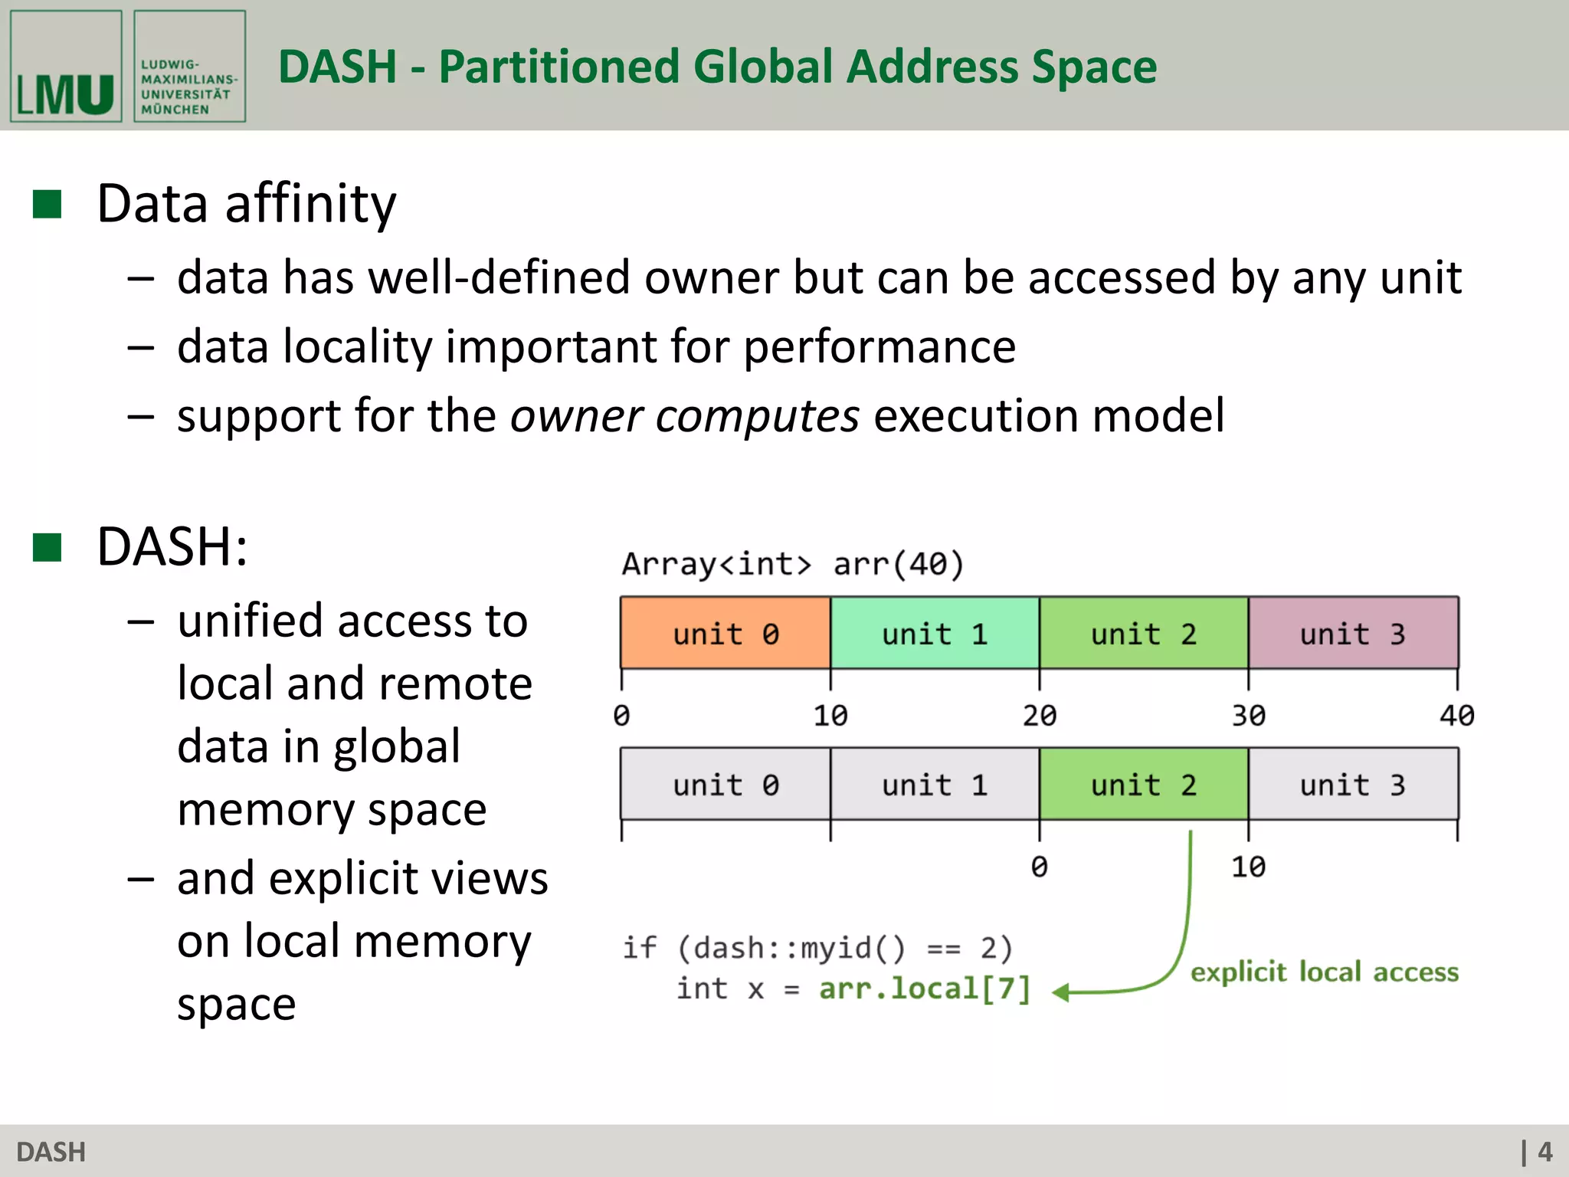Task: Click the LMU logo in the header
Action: pos(66,67)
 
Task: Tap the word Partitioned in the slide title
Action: pos(558,67)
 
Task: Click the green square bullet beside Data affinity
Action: pos(47,205)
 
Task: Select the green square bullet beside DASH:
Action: pos(47,548)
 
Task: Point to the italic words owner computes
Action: pos(684,416)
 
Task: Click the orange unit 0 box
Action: pos(725,634)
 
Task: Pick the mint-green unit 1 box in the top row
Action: pos(935,634)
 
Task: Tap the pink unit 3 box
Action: pos(1353,634)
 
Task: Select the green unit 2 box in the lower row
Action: pos(1143,785)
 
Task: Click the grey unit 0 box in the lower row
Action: pos(725,785)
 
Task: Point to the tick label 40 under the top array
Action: pos(1456,716)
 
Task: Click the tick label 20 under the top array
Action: pos(1039,716)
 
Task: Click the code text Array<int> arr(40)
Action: pos(792,565)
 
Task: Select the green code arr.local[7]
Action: pos(925,988)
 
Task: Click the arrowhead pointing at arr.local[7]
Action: pos(1061,993)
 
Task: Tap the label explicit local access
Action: pos(1324,972)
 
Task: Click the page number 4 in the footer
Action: pos(1544,1152)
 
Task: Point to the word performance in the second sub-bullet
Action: pos(879,347)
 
